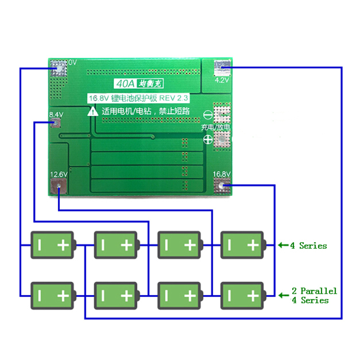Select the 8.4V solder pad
[56, 124]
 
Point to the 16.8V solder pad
[222, 186]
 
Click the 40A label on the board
[124, 84]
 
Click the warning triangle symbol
[93, 111]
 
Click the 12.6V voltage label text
[59, 174]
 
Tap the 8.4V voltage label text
[56, 115]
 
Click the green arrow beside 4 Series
[283, 246]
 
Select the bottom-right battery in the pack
[243, 296]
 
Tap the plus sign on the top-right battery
[253, 245]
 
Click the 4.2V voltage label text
[222, 80]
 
